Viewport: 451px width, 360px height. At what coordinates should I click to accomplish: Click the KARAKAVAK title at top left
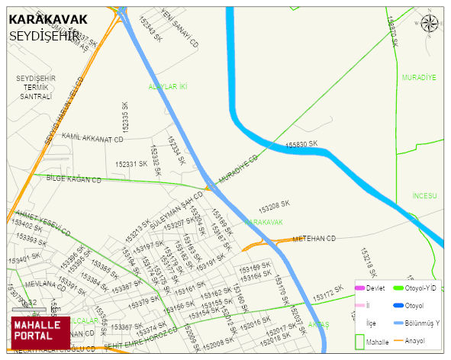(47, 18)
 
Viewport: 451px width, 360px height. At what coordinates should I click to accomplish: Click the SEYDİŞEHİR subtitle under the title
(45, 35)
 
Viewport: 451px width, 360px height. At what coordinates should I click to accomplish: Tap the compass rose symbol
(430, 24)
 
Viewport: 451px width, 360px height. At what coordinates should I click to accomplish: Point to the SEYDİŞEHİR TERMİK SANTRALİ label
(35, 88)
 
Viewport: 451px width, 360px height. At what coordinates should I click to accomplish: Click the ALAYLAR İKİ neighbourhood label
(168, 87)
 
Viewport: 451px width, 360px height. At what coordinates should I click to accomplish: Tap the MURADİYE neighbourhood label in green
(418, 78)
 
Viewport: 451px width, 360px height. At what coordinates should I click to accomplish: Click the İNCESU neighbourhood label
(424, 196)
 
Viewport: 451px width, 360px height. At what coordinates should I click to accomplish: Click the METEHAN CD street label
(314, 239)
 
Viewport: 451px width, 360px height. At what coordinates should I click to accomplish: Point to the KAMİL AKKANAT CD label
(92, 139)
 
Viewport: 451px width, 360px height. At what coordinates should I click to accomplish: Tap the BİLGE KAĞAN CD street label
(74, 179)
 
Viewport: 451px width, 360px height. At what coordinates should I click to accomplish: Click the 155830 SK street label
(301, 143)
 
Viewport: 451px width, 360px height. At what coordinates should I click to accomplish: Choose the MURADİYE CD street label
(238, 169)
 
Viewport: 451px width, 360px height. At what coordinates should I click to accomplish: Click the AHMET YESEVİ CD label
(43, 221)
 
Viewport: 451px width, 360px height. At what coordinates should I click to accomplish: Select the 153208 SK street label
(274, 206)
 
